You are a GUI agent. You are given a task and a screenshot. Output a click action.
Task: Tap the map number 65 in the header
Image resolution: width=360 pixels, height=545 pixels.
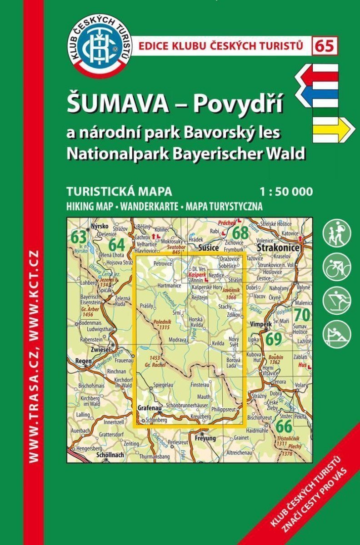coord(325,46)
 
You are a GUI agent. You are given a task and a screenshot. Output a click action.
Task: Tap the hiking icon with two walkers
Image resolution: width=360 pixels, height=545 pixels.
coord(337,233)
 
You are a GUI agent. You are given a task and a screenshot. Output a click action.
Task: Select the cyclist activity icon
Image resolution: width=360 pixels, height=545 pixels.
coord(337,267)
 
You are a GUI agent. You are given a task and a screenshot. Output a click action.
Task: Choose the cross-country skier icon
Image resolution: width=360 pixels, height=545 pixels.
coord(337,300)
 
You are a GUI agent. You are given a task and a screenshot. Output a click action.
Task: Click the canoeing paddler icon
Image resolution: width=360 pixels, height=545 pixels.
coord(337,334)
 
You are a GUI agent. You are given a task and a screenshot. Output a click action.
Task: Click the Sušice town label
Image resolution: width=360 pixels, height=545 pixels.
coord(210,248)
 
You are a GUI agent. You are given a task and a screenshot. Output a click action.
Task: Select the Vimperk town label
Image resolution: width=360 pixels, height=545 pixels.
coord(260,325)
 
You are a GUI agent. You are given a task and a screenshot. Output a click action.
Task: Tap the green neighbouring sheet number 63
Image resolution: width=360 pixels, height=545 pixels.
coord(79,237)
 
